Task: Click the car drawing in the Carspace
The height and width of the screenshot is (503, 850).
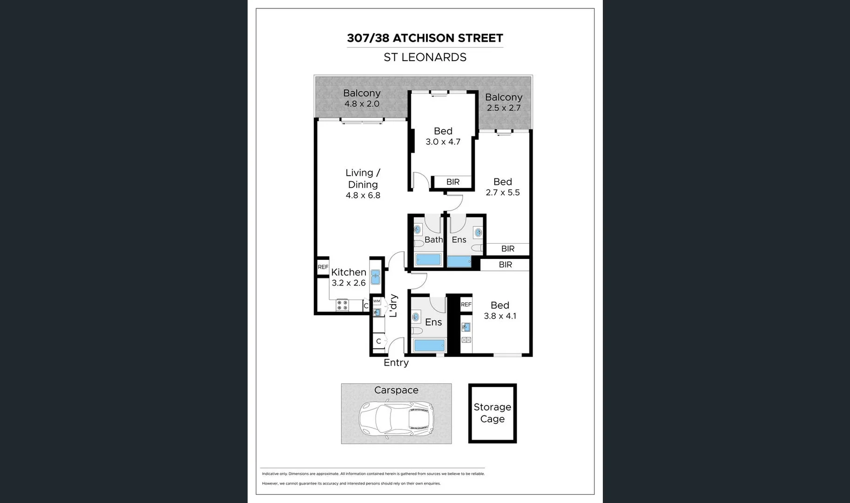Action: pos(396,419)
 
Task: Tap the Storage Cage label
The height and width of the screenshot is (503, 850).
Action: pos(492,413)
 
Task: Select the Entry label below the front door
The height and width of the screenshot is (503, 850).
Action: pos(396,363)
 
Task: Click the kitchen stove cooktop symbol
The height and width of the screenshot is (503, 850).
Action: pos(342,305)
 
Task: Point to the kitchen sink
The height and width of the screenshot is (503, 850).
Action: pos(376,277)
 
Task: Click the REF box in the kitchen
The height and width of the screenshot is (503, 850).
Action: pos(323,267)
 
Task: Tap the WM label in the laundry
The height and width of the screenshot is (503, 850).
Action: pos(377,301)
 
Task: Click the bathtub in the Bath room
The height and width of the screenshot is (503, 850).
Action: pos(428,260)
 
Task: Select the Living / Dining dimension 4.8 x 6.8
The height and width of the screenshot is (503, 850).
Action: pos(363,196)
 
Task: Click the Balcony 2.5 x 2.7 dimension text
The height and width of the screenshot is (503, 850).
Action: pos(504,108)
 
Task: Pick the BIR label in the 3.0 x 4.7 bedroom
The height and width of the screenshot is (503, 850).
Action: pos(453,182)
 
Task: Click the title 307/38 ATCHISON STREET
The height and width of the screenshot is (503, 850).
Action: pos(425,38)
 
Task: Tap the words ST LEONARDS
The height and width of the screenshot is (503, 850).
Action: pos(425,57)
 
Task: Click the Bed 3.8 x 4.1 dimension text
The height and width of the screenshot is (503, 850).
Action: pos(500,316)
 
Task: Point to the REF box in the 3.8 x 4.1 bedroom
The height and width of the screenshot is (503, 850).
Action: pos(466,305)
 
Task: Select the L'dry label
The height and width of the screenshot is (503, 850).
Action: pos(393,306)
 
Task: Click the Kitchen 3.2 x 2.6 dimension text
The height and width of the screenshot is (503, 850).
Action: pos(349,283)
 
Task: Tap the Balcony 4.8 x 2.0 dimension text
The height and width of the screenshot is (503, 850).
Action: pos(362,104)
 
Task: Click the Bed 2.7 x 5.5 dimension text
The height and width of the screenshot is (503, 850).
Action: pos(503,193)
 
